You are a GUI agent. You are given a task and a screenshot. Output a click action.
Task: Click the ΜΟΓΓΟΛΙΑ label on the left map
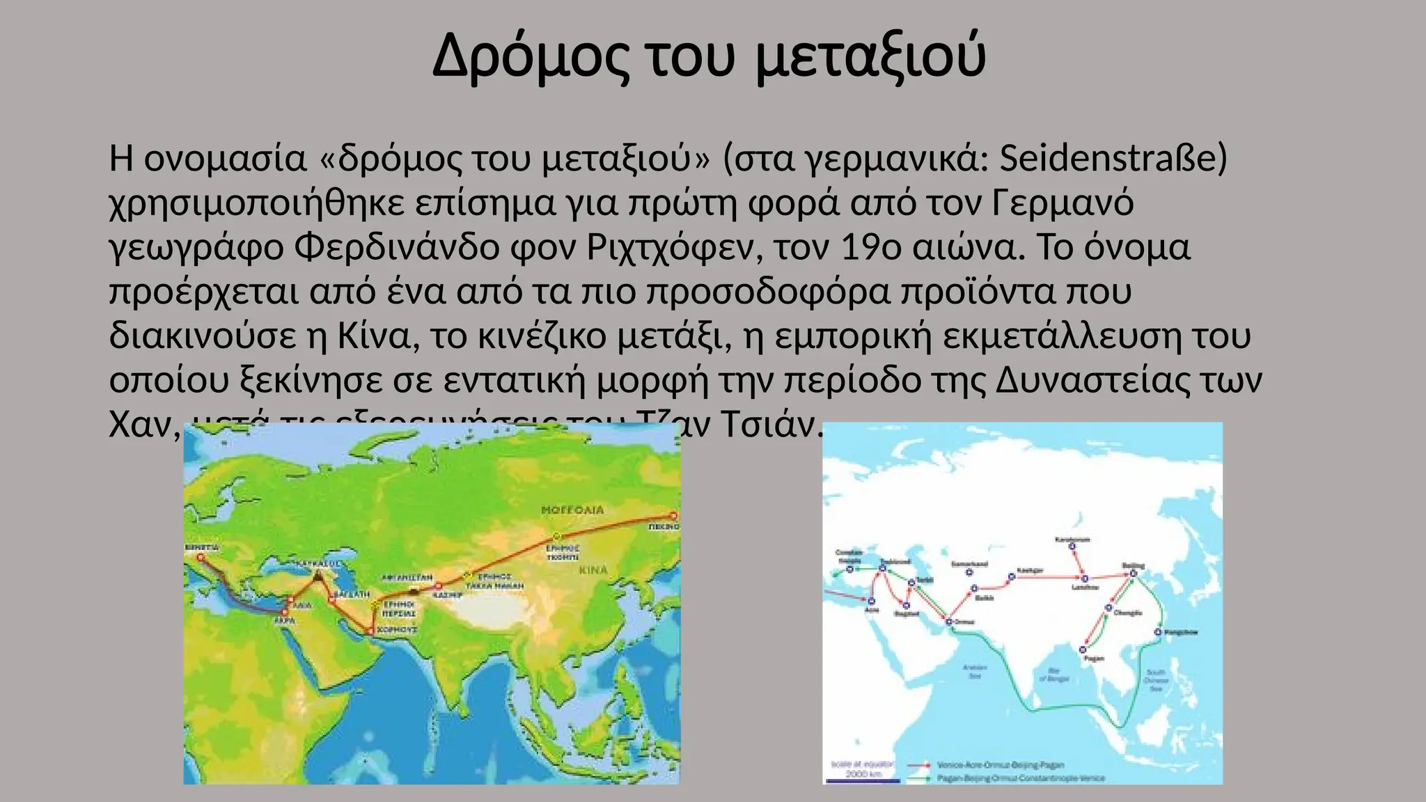pyautogui.click(x=572, y=510)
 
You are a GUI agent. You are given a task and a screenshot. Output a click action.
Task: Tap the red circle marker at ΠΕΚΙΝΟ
pyautogui.click(x=673, y=516)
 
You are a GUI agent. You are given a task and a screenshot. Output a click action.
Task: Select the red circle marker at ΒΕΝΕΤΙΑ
pyautogui.click(x=201, y=558)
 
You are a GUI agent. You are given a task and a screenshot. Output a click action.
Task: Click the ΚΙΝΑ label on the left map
pyautogui.click(x=593, y=570)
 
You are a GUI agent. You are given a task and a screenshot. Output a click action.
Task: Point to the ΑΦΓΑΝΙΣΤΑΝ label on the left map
pyautogui.click(x=407, y=578)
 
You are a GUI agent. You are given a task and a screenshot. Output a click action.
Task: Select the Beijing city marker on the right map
pyautogui.click(x=1133, y=574)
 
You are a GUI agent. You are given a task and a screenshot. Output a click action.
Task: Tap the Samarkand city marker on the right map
pyautogui.click(x=969, y=572)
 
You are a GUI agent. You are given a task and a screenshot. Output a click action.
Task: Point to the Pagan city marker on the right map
pyautogui.click(x=1083, y=650)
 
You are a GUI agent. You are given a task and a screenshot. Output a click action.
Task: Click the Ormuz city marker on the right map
pyautogui.click(x=948, y=622)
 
